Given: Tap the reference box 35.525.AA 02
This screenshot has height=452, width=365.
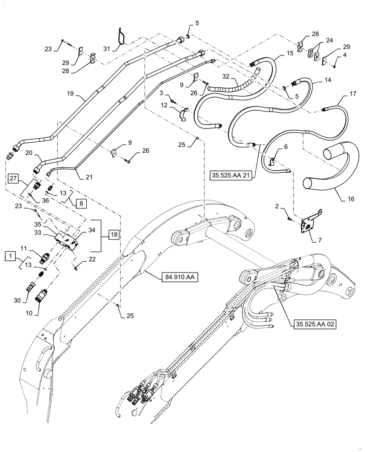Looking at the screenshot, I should point(310,324).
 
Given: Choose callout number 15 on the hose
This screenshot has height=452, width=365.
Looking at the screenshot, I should point(290,53).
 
